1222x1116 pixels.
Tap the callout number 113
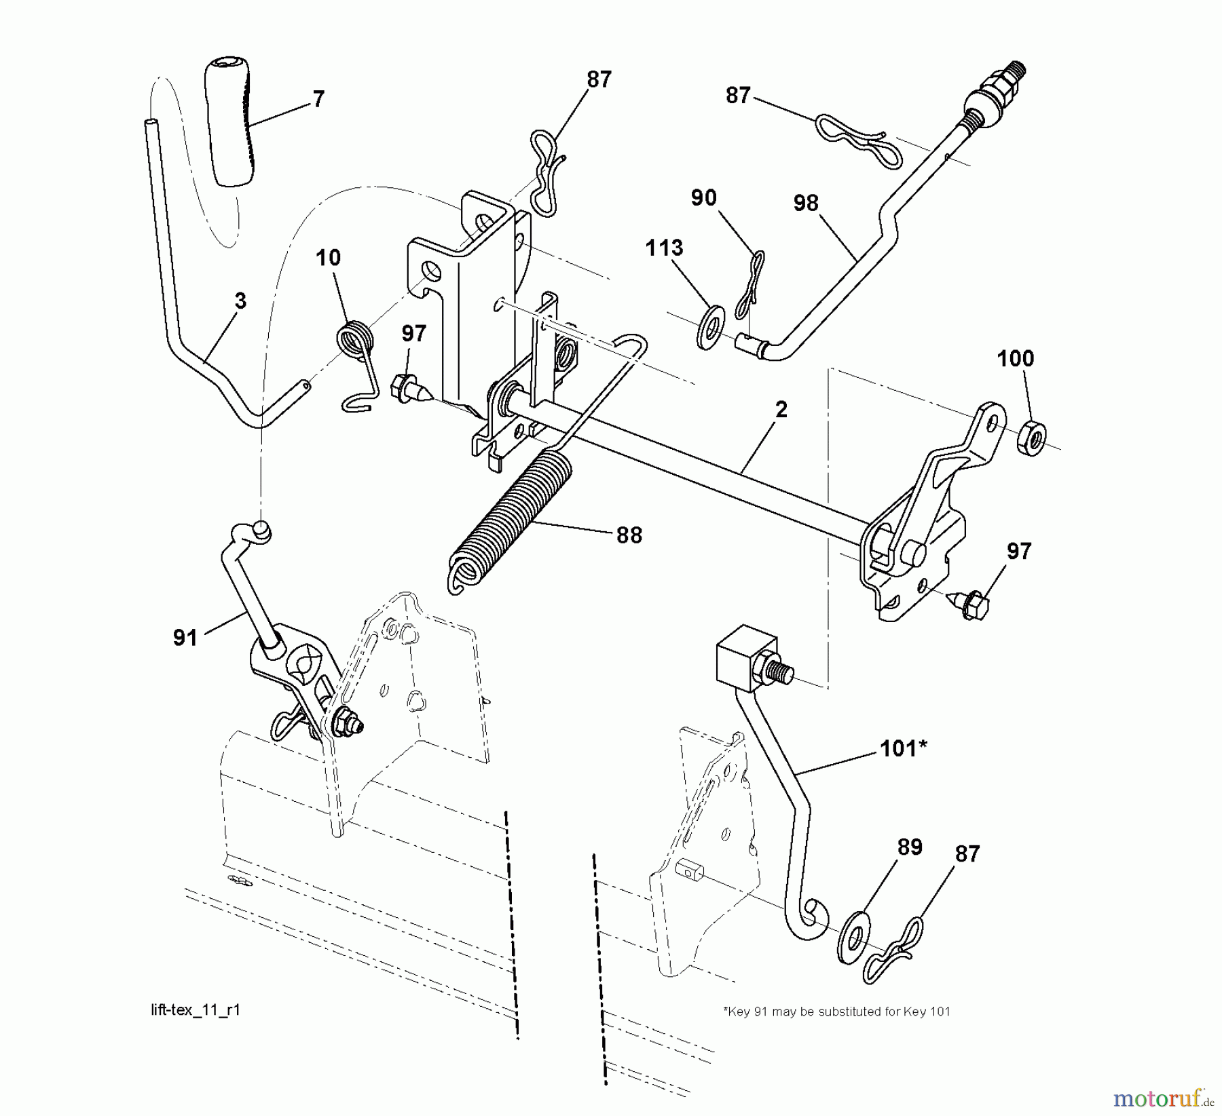[664, 248]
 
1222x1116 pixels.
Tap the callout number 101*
[903, 749]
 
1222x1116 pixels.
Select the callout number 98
[806, 203]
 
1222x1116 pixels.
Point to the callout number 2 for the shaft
[781, 410]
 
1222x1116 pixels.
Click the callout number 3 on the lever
[240, 301]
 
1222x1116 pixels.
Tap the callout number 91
[185, 638]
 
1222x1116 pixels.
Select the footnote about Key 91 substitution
[836, 1012]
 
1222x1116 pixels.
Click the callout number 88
[629, 536]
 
